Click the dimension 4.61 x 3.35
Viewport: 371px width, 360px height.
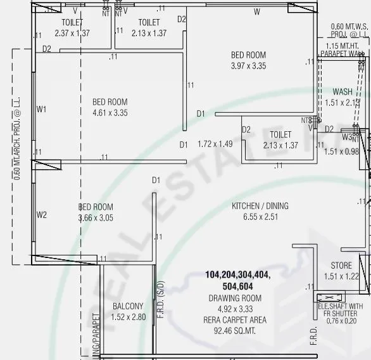tap(110, 113)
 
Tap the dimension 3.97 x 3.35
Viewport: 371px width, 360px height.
tap(248, 65)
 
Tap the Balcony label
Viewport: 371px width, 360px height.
tap(128, 306)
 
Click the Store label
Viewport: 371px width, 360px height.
tap(341, 266)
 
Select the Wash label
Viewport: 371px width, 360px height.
tap(342, 92)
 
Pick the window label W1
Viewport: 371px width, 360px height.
tap(42, 110)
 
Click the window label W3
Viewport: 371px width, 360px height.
tap(347, 136)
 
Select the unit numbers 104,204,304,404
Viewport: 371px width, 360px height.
tap(237, 275)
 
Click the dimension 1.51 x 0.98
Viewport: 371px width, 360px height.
tap(341, 151)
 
